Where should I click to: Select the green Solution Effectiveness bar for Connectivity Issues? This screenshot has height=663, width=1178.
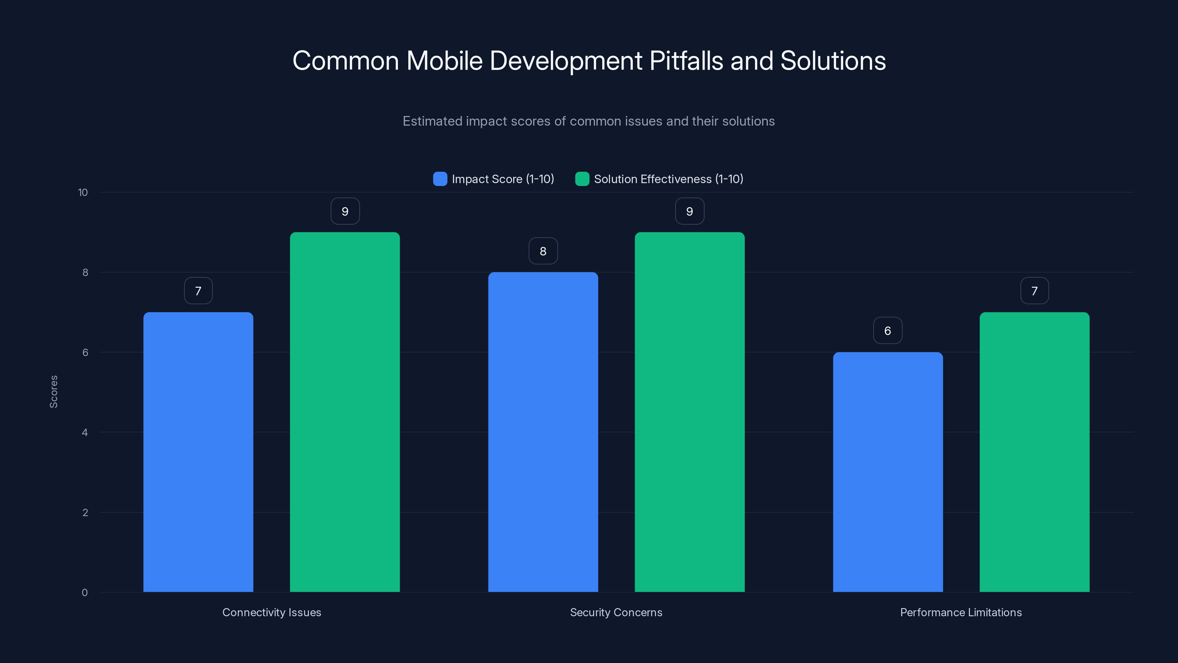pos(345,412)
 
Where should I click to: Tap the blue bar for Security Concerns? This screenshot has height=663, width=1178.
pos(543,432)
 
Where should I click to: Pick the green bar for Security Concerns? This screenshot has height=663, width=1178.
pos(689,412)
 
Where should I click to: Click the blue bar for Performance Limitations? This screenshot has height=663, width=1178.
pos(888,472)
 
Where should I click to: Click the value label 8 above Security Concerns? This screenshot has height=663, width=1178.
pos(543,251)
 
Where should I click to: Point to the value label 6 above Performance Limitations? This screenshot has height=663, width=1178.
pos(888,330)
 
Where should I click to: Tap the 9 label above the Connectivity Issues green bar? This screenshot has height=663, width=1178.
pos(345,211)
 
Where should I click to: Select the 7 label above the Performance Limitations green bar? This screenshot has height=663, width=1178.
pos(1034,291)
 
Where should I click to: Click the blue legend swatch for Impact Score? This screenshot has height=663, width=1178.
pos(440,179)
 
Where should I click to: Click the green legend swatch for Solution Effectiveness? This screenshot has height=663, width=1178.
pos(582,179)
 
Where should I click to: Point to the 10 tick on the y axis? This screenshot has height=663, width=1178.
pos(83,192)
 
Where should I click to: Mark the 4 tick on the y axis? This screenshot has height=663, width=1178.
pos(85,432)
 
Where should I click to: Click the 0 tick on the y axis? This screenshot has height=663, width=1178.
pos(85,593)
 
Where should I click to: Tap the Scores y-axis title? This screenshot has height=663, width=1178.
pos(53,392)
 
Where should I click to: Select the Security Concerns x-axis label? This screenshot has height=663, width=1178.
pos(616,612)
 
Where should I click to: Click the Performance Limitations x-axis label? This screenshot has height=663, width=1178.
pos(961,612)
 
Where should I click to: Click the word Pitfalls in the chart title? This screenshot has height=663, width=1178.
pos(686,60)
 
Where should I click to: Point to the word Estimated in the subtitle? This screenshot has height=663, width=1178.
pos(432,121)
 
